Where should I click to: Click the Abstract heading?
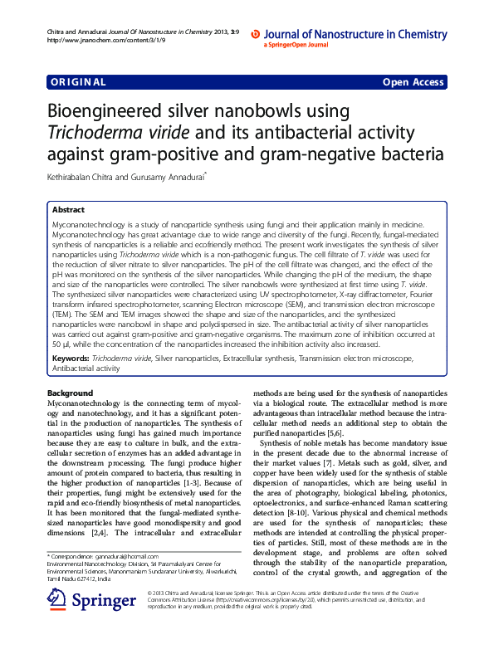coord(68,211)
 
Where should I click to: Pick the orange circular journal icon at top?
coord(256,35)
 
